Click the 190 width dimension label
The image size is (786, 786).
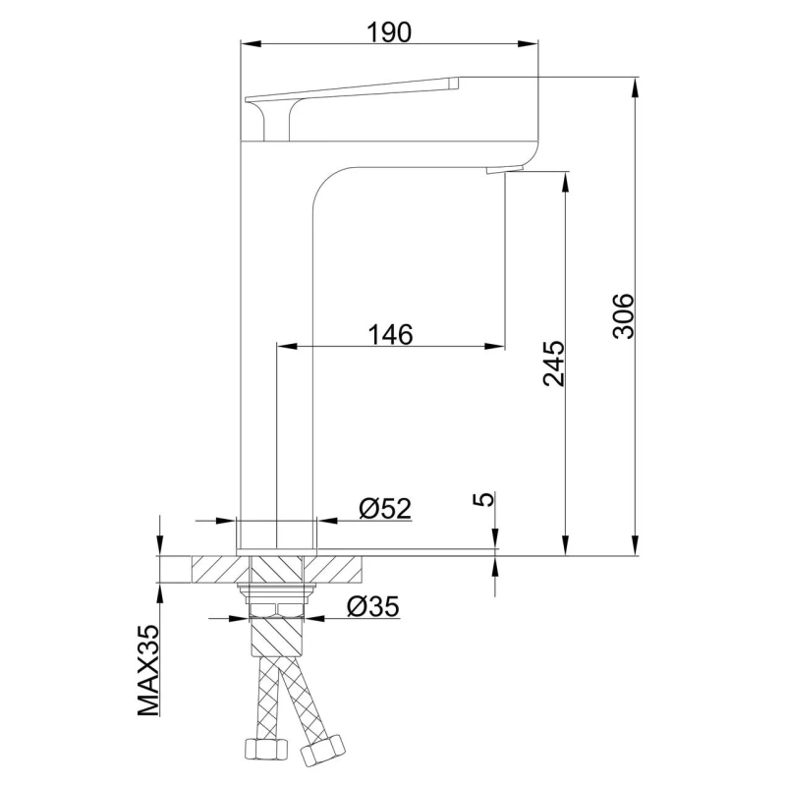pos(389,32)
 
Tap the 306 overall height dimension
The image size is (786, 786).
pos(624,316)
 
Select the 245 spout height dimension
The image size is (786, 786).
pos(553,364)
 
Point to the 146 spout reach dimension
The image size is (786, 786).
pos(390,334)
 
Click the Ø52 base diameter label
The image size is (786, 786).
pos(385,508)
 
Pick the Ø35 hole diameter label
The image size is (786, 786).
pos(373,606)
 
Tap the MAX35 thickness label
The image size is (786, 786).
pos(148,671)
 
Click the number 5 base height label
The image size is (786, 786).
pos(483,499)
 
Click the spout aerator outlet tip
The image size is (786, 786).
pos(504,170)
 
